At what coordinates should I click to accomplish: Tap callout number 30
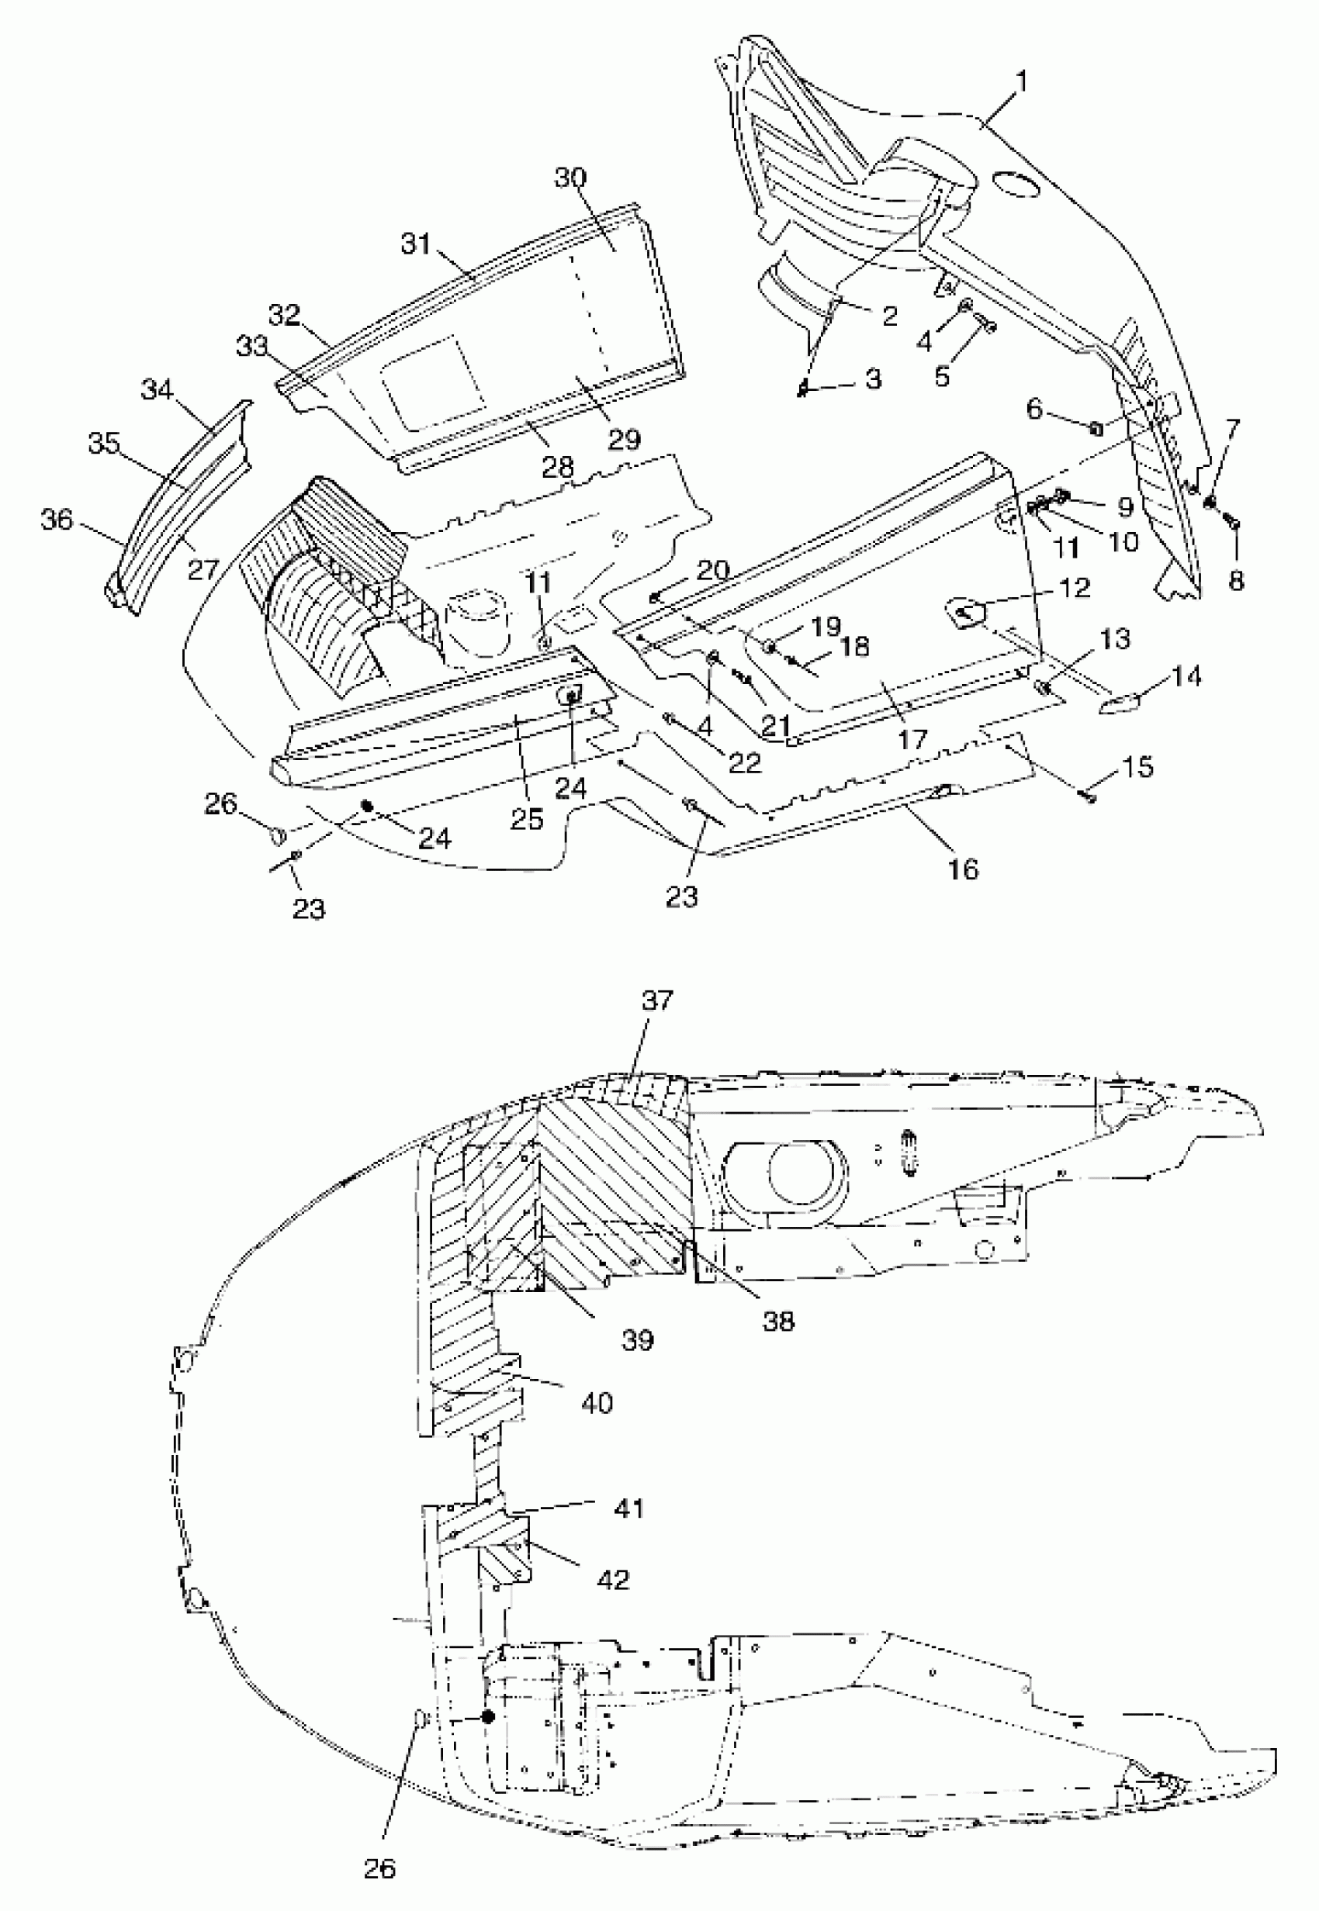[570, 178]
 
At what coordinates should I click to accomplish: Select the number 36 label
[57, 520]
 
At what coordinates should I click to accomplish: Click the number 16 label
[963, 869]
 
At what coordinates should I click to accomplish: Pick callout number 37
[658, 1000]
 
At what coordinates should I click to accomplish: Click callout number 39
[637, 1340]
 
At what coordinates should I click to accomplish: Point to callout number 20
[713, 570]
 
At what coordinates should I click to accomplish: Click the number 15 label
[1138, 767]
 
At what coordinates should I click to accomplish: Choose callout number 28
[558, 467]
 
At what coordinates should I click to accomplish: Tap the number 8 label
[1235, 581]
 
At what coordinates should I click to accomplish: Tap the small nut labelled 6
[1094, 428]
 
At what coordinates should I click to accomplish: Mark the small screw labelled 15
[1089, 797]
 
